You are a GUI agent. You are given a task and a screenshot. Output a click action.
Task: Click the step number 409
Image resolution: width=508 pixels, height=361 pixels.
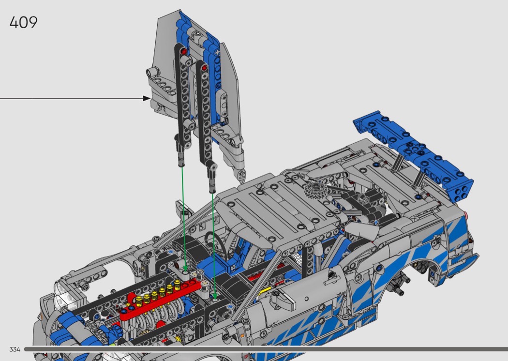pos(23,22)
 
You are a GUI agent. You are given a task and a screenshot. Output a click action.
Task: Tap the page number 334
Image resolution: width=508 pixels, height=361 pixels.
pos(15,349)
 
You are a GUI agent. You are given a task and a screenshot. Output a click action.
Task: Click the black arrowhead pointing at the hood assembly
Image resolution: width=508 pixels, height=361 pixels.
pos(147,98)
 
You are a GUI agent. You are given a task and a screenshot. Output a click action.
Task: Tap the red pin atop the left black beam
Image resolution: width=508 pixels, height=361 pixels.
pos(184,51)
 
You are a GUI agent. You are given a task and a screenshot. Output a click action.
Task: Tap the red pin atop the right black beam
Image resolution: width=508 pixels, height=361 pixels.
pos(205,67)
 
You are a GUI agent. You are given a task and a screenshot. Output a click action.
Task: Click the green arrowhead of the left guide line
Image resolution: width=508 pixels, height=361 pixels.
pos(185,268)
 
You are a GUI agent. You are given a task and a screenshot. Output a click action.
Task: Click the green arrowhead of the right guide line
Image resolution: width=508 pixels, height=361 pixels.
pos(215,296)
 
